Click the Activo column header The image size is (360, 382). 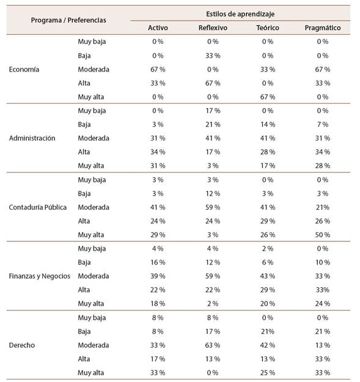158,28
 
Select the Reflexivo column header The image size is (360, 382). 213,28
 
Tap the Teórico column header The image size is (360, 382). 268,28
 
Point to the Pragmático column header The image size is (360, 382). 323,28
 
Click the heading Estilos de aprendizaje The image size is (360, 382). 240,14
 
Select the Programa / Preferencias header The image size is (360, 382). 68,20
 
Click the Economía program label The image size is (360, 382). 24,70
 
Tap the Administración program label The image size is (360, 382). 32,138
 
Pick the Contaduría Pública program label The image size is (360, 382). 38,207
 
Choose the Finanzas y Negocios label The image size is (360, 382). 40,276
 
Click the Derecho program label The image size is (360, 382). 22,345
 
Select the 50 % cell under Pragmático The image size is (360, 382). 323,235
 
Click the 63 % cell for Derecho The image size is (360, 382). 213,345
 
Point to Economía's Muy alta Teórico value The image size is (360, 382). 268,97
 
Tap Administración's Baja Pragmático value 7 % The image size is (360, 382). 323,125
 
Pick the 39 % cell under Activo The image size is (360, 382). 158,276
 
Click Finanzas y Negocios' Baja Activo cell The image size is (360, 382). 158,262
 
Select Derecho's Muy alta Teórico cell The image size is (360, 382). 268,373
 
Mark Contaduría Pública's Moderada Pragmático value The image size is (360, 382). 323,207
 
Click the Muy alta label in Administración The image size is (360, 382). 91,166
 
